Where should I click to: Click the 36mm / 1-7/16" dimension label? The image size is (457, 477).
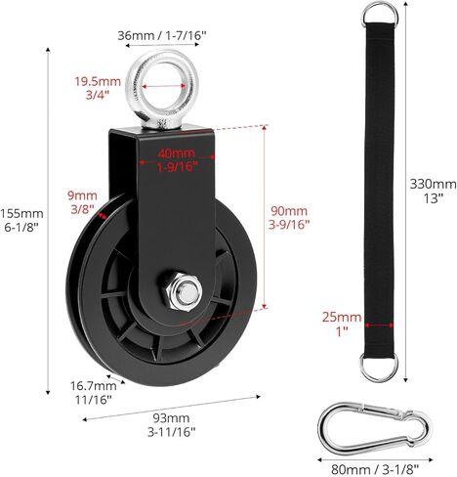pyautogui.click(x=162, y=35)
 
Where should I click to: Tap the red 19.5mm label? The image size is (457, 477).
pyautogui.click(x=98, y=81)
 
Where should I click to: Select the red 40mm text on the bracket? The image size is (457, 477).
pyautogui.click(x=176, y=153)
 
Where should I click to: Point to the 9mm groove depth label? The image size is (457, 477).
pyautogui.click(x=82, y=195)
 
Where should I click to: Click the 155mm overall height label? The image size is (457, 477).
pyautogui.click(x=21, y=214)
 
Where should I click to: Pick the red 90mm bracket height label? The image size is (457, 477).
pyautogui.click(x=289, y=211)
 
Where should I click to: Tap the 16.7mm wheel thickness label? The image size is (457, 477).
pyautogui.click(x=94, y=386)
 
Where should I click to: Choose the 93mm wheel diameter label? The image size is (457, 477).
pyautogui.click(x=171, y=418)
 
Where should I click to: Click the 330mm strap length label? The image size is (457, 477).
pyautogui.click(x=433, y=184)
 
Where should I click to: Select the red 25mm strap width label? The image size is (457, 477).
pyautogui.click(x=342, y=317)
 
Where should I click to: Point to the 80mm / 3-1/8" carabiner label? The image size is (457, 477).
pyautogui.click(x=375, y=470)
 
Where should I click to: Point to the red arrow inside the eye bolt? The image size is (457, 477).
pyautogui.click(x=164, y=86)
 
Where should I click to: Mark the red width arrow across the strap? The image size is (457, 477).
pyautogui.click(x=379, y=325)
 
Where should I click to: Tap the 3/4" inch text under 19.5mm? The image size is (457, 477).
pyautogui.click(x=98, y=95)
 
